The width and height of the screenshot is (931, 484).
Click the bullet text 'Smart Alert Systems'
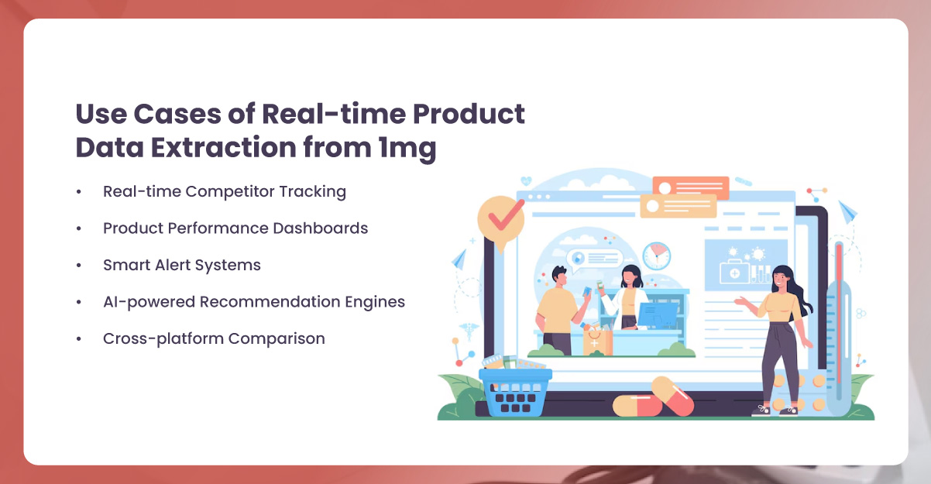coord(182,265)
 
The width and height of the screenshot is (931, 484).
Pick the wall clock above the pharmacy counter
coord(656,255)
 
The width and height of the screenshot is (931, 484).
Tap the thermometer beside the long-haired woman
coord(838,325)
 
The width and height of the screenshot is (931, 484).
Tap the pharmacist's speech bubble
coord(594,258)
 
